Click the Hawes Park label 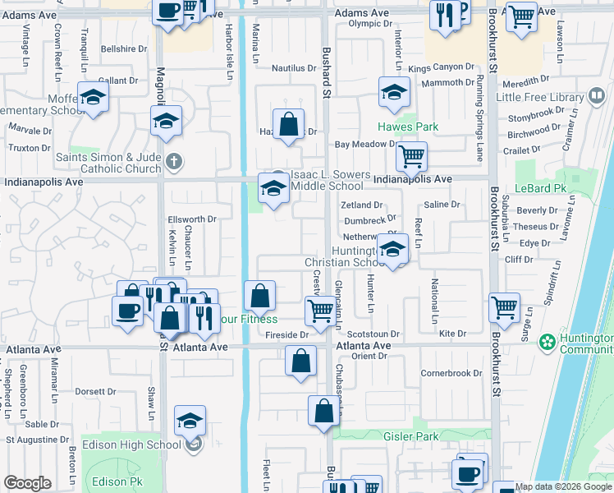408,127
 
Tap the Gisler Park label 410,436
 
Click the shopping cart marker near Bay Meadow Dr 411,155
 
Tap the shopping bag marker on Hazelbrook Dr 289,125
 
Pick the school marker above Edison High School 190,422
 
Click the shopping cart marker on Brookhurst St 504,308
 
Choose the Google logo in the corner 27,483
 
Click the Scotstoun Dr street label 373,334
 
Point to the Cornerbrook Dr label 451,373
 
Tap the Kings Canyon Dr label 442,67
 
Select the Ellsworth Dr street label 191,219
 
